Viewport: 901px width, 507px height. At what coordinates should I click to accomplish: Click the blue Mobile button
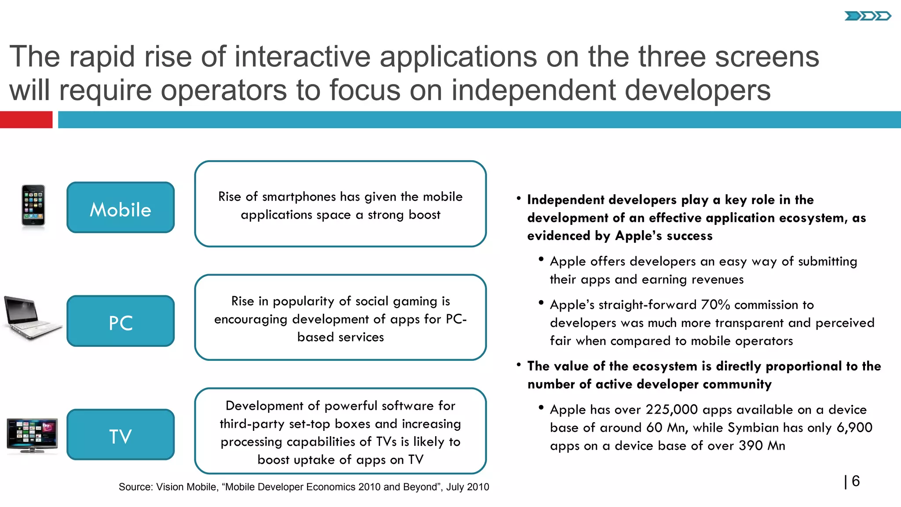[x=121, y=207]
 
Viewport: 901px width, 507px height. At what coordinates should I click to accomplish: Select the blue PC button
[x=121, y=321]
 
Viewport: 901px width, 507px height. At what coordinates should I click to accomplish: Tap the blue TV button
[x=121, y=434]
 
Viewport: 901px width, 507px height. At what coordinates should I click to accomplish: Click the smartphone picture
[x=33, y=206]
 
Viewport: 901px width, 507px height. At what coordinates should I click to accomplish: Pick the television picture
[x=33, y=435]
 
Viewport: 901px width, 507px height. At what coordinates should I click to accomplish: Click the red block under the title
[x=26, y=120]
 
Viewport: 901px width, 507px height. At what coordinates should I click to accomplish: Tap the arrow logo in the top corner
[x=867, y=16]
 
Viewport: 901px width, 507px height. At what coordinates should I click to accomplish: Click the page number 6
[x=856, y=481]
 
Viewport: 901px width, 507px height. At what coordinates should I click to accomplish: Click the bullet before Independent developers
[x=519, y=199]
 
